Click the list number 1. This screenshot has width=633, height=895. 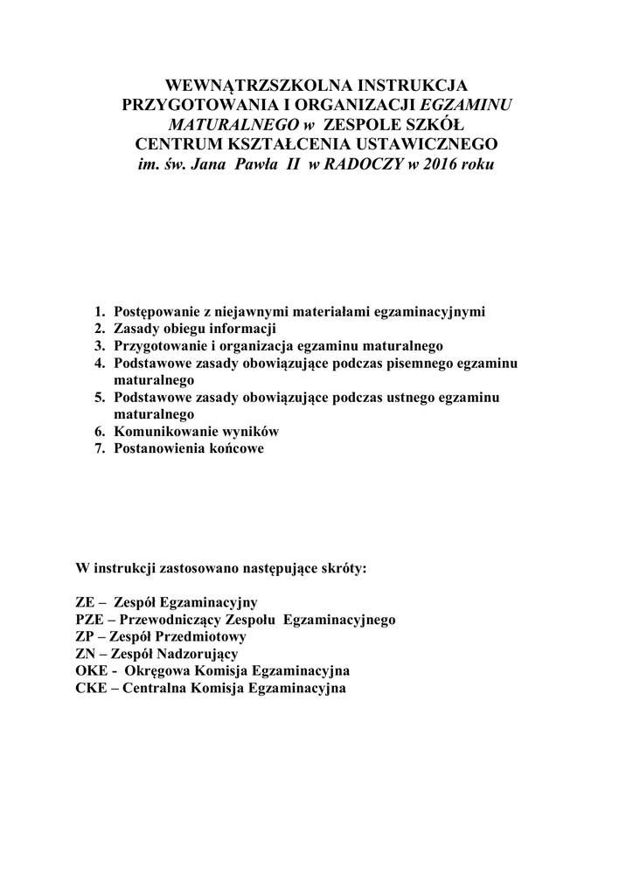[100, 312]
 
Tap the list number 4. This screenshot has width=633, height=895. [100, 363]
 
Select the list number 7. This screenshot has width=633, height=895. [100, 448]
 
